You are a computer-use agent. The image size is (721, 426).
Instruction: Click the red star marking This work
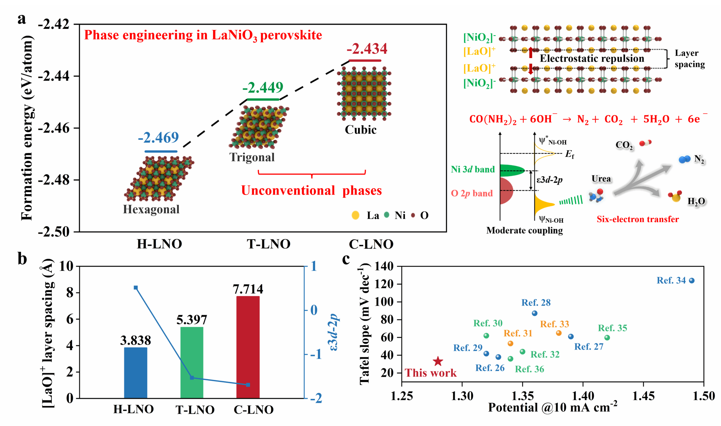[x=438, y=361]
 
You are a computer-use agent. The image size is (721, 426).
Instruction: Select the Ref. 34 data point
[x=691, y=281]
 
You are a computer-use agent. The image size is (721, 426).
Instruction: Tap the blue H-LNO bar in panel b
[x=136, y=373]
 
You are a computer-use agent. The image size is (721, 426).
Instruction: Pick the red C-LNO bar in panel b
[x=248, y=347]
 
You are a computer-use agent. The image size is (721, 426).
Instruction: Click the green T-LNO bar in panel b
[x=192, y=363]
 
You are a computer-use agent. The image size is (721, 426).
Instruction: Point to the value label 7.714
[x=248, y=289]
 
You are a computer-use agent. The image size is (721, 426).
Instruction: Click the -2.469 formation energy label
[x=158, y=138]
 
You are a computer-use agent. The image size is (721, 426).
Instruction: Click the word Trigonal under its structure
[x=252, y=157]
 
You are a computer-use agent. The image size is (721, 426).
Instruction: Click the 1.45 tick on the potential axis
[x=643, y=396]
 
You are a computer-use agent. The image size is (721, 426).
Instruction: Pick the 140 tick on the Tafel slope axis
[x=384, y=266]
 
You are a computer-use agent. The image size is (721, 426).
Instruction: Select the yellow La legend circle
[x=356, y=215]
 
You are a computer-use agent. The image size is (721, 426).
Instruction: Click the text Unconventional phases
[x=311, y=191]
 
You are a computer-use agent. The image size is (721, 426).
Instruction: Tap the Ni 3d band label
[x=473, y=170]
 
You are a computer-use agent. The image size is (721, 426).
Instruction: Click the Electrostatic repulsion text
[x=592, y=58]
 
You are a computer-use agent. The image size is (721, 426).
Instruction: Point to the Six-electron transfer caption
[x=638, y=219]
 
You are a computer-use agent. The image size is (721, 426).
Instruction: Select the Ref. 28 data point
[x=534, y=313]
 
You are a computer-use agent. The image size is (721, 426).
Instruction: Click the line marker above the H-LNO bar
[x=136, y=288]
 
